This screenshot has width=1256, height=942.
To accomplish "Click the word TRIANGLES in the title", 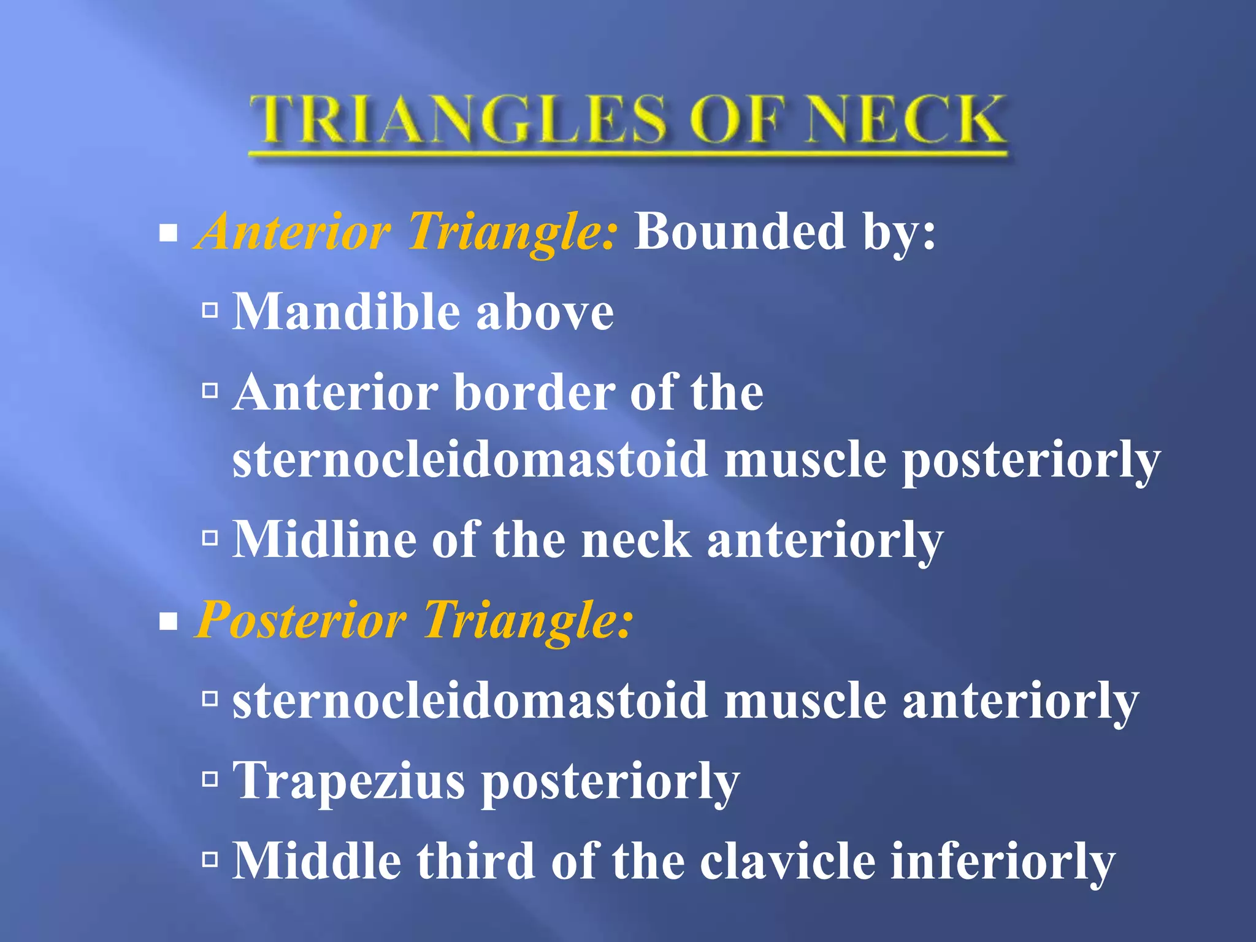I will click(457, 120).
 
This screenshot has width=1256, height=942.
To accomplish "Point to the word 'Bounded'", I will click(739, 232).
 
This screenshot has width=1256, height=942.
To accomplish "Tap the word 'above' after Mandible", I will click(545, 313).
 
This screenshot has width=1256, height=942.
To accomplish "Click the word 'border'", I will click(534, 392).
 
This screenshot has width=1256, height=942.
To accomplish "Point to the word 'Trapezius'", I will click(349, 781).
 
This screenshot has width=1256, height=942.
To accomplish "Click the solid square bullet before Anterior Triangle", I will click(167, 233).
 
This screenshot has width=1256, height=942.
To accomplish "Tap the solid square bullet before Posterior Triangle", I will click(167, 622).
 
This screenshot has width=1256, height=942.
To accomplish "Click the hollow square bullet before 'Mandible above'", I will click(210, 310).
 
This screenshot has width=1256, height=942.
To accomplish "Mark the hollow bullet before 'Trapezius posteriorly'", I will click(210, 779).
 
